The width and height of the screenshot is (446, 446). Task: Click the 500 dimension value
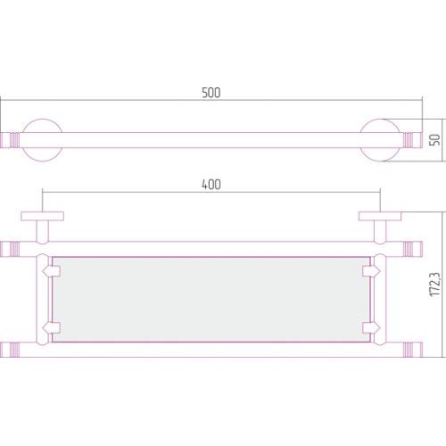pos(211,93)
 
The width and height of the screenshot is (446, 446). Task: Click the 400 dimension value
pos(211,185)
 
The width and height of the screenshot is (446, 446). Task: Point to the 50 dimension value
pos(435,140)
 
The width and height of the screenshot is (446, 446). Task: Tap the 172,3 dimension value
pos(435,285)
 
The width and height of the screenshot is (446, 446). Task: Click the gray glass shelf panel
pos(211,300)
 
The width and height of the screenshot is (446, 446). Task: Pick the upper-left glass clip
pos(52,271)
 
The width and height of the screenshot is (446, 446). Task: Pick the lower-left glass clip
pos(52,327)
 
